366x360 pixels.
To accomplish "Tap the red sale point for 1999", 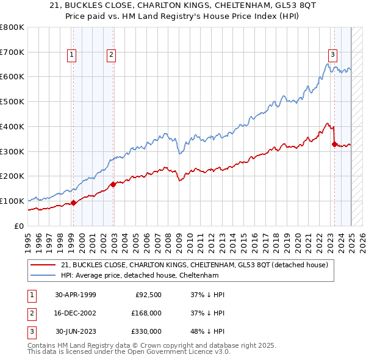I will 73,203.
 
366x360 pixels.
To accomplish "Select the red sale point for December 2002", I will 113,184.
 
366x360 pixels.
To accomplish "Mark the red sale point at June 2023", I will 334,144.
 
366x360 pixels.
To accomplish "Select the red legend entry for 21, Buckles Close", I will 194,265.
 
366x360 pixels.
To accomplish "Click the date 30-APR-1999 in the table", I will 76,294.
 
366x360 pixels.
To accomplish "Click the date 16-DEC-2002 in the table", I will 76,313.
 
